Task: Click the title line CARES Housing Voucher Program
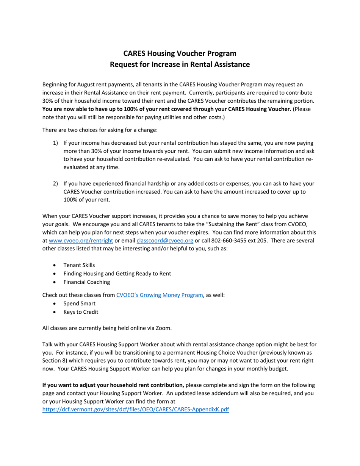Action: coord(180,53)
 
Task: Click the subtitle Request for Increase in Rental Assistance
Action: coord(180,64)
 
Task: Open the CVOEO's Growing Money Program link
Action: coord(160,295)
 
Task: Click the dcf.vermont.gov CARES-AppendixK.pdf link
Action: coord(135,410)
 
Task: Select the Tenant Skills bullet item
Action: coord(79,265)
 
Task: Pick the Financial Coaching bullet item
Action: coord(86,282)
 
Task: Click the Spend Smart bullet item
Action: coord(79,303)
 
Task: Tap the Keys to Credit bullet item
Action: coord(81,312)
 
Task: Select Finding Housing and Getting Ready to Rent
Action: coord(117,274)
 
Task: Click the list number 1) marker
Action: coord(55,143)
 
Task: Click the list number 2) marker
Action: coord(55,183)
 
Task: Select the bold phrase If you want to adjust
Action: coord(72,385)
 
